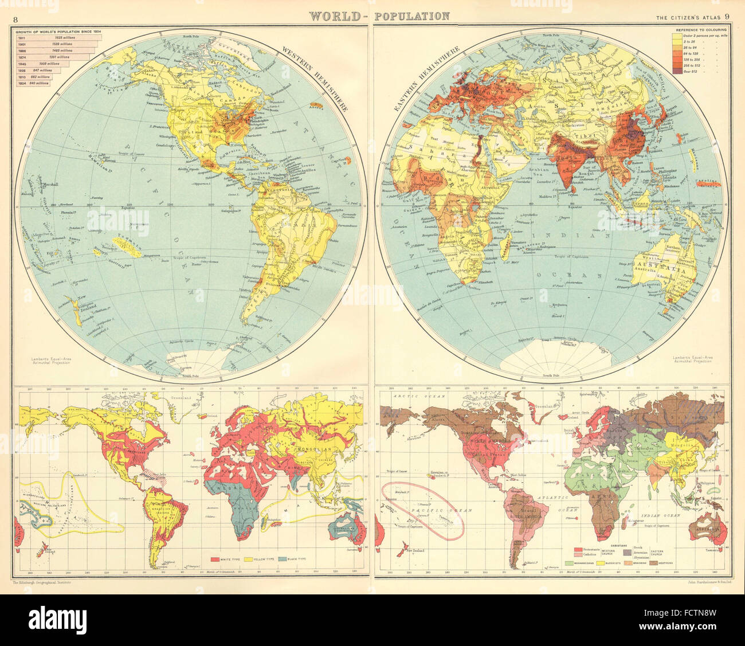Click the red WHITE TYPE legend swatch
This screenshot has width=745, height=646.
click(216, 558)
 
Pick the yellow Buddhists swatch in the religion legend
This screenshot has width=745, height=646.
click(601, 564)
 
